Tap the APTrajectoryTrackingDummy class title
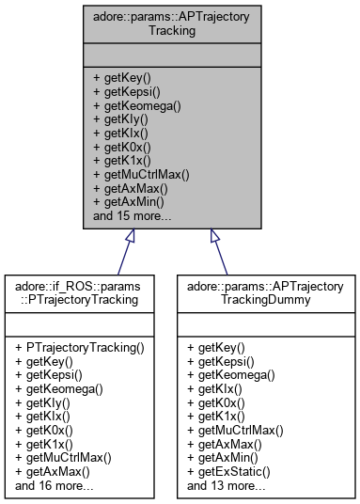(267, 292)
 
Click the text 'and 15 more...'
(132, 215)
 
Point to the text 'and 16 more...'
(55, 486)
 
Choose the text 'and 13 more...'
(226, 486)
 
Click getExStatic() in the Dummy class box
(230, 472)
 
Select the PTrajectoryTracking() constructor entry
(80, 347)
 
